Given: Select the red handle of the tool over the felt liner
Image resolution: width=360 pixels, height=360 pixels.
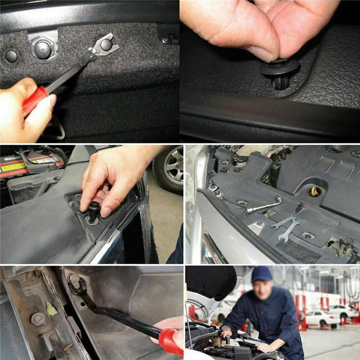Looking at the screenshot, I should [x=34, y=100].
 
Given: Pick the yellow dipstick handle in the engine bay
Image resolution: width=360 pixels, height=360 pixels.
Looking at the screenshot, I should [x=314, y=191].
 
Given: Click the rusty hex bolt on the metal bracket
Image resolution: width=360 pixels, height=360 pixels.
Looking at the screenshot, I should [x=38, y=320].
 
